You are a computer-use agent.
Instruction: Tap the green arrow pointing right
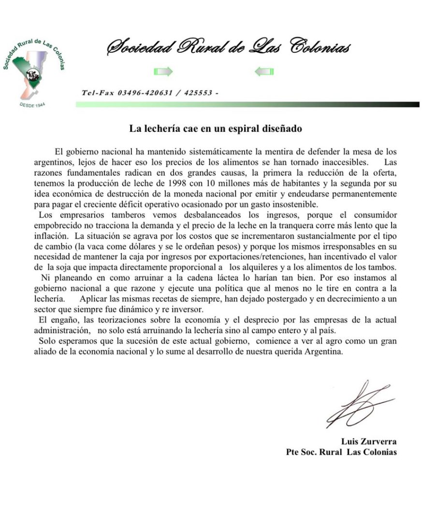coord(163,72)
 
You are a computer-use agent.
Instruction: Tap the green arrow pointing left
coord(264,72)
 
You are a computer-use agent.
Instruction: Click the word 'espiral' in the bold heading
coord(245,129)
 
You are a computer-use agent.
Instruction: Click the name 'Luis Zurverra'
coord(369,441)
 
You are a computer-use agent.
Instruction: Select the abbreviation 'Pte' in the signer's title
coord(293,452)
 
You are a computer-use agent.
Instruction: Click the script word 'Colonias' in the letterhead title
coord(320,47)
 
